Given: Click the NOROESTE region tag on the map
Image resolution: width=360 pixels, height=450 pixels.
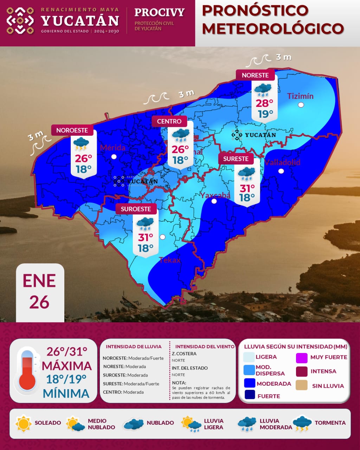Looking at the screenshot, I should (72, 130).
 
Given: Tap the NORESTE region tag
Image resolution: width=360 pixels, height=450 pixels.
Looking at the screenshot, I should (255, 75).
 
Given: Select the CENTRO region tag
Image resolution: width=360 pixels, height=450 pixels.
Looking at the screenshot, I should (169, 121).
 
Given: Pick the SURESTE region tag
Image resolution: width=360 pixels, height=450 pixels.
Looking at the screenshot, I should (236, 159).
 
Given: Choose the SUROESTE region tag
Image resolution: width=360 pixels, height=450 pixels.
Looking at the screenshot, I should (136, 209).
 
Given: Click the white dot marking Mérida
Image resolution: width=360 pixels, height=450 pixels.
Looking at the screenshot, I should (114, 157).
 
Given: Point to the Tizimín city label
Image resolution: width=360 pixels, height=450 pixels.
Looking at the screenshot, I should (300, 96).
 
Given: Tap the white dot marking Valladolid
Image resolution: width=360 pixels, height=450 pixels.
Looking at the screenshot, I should (281, 171).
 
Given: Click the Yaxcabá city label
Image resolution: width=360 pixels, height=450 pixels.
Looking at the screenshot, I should (215, 195).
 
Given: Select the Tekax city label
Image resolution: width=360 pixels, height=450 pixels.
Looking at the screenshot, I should (169, 260).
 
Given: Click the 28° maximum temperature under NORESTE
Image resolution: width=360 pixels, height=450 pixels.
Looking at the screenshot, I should (264, 103).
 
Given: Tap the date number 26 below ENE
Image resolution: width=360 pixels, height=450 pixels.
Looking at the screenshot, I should (39, 302).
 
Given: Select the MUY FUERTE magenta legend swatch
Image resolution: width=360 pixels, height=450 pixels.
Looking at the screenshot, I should (302, 358).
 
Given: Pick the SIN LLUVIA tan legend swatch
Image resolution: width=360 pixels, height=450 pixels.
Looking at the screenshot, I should (302, 385).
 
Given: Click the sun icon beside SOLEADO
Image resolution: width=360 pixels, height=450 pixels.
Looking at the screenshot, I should (24, 423).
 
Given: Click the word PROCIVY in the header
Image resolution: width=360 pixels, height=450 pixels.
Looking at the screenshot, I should (159, 12).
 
